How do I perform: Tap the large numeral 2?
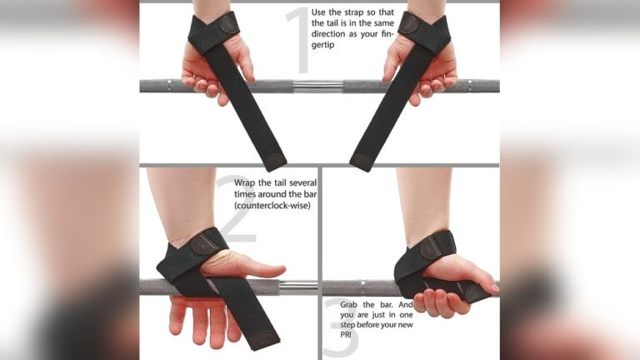point(234,208)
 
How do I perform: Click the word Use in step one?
point(319,12)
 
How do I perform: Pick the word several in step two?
point(297,182)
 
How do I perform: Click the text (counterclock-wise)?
point(272,205)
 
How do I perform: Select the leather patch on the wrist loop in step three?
point(431,246)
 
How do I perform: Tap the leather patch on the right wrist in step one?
point(408,24)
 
